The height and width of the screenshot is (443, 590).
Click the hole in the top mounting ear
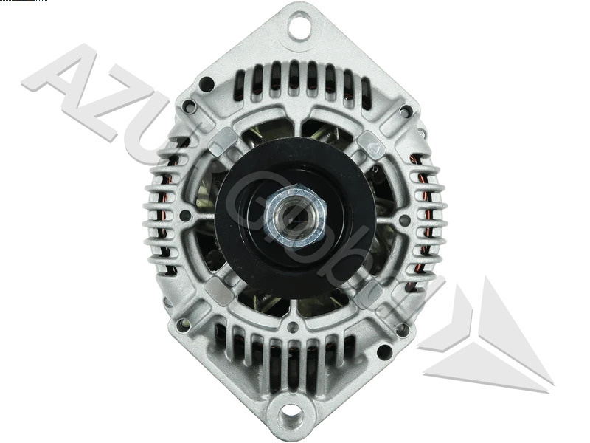click(299, 28)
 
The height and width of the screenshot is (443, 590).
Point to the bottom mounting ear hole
click(291, 416)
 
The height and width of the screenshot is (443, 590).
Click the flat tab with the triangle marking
click(371, 145)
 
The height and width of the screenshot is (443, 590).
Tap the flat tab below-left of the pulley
click(218, 290)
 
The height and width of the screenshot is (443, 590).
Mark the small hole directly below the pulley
click(293, 327)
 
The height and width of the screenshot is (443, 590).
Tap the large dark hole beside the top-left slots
click(207, 83)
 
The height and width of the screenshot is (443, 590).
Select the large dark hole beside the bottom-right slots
click(383, 351)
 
